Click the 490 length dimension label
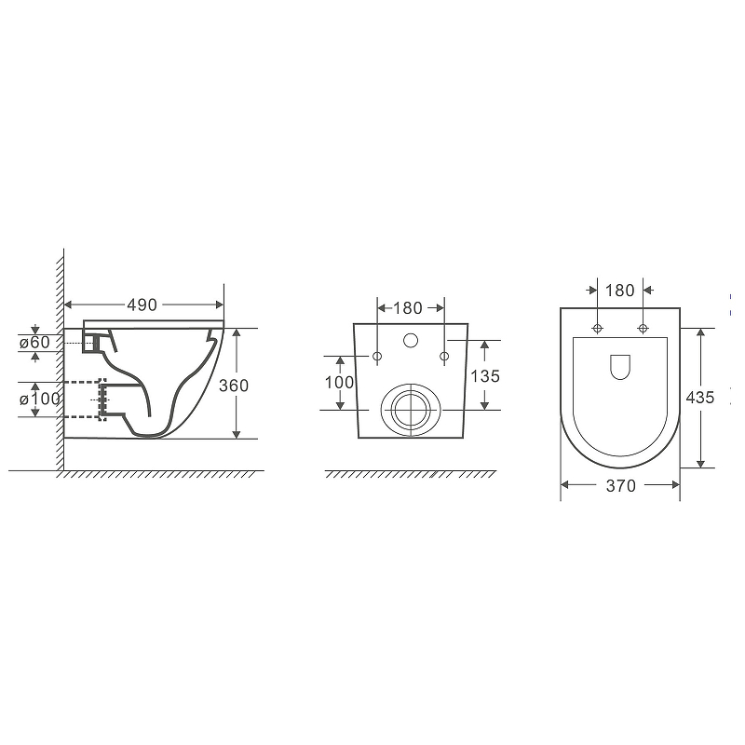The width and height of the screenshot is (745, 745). [x=142, y=305]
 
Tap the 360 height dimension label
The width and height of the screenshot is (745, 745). [x=234, y=386]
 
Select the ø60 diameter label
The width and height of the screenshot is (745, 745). [x=34, y=342]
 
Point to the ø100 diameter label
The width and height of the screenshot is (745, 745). [x=40, y=399]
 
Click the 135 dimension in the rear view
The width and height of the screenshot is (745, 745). [x=485, y=376]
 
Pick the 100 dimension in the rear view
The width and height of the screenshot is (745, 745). [x=339, y=382]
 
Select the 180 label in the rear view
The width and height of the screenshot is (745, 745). [x=408, y=308]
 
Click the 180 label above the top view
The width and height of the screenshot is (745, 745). [x=619, y=291]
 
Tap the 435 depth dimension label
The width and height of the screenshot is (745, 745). [x=700, y=398]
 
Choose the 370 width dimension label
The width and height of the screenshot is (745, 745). [x=620, y=485]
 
